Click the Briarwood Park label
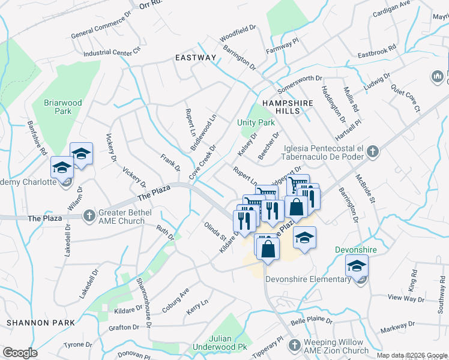(62, 107)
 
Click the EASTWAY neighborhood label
(195, 58)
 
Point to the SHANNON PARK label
(41, 323)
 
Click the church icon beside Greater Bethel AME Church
(89, 215)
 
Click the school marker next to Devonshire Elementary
(357, 266)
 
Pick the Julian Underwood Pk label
(220, 343)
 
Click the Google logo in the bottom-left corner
(20, 353)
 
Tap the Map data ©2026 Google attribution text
(412, 356)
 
